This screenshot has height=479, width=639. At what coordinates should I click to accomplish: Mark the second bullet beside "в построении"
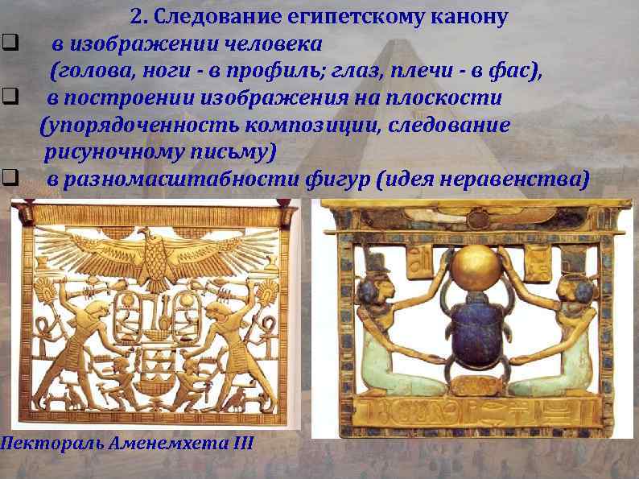[9, 99]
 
